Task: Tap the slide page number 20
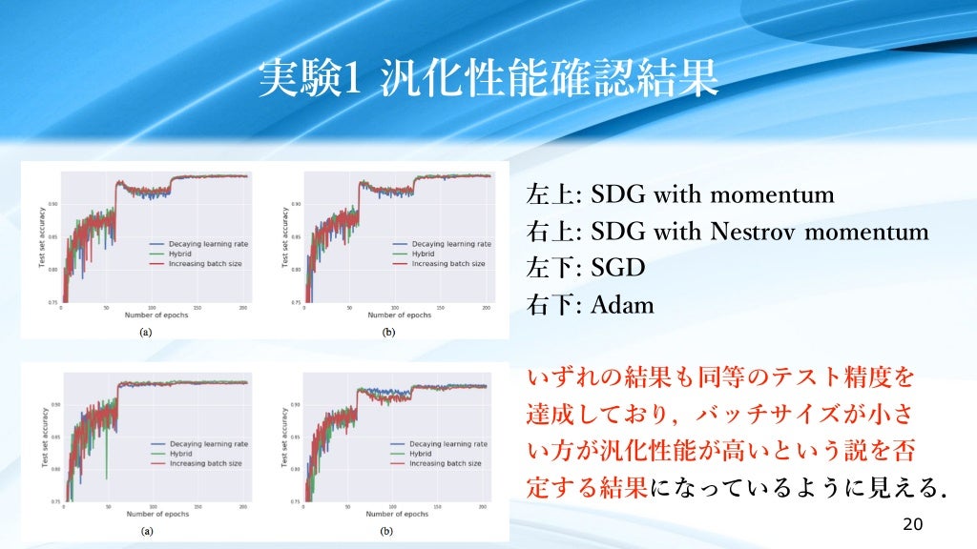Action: coord(912,525)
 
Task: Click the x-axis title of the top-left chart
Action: coord(158,315)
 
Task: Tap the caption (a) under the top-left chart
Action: coord(145,333)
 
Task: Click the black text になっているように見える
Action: coord(798,488)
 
